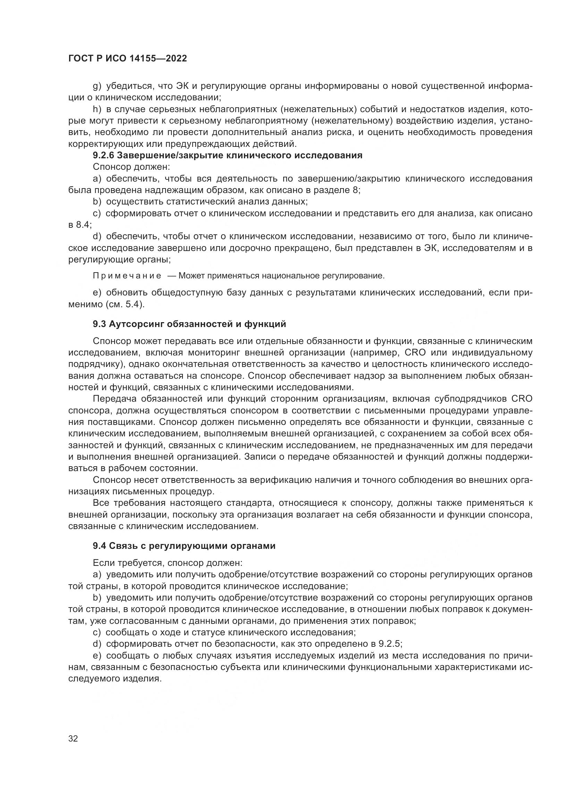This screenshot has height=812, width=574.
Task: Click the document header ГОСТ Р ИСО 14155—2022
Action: pyautogui.click(x=128, y=59)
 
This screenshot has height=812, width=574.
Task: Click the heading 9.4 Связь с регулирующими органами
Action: pyautogui.click(x=184, y=546)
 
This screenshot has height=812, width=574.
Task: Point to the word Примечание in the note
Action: pyautogui.click(x=127, y=276)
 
